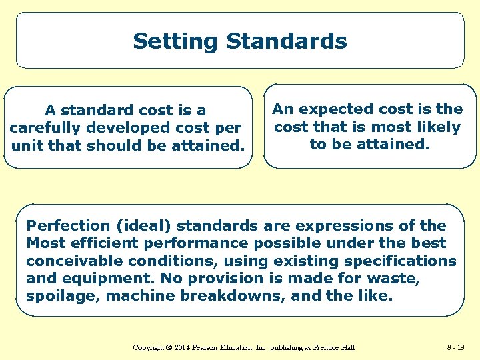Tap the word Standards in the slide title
(x=286, y=41)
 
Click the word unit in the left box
(x=27, y=145)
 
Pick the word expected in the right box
(x=335, y=109)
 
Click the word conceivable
(x=73, y=261)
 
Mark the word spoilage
(x=58, y=295)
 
